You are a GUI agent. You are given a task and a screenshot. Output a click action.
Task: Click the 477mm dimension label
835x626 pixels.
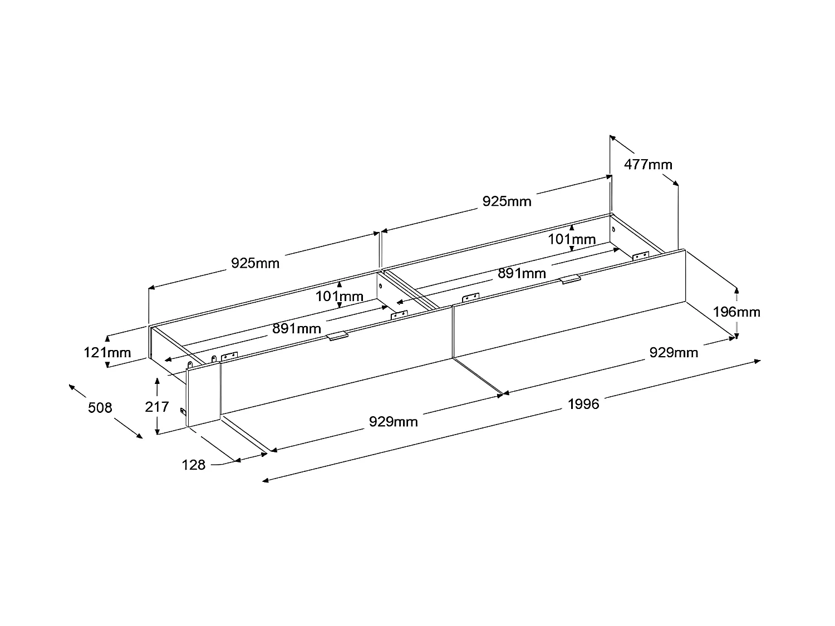click(x=648, y=165)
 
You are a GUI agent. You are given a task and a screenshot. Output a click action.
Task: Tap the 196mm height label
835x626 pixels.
click(x=736, y=312)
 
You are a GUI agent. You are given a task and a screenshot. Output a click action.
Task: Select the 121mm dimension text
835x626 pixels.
click(x=107, y=352)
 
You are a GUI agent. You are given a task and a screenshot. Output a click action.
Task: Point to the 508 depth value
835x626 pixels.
click(x=100, y=408)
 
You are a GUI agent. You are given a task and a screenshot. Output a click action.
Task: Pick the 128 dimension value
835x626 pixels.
click(x=194, y=465)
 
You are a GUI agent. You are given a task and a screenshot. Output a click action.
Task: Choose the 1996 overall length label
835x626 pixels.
click(x=583, y=404)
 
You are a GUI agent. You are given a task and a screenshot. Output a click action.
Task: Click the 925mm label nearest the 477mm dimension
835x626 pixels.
click(x=507, y=201)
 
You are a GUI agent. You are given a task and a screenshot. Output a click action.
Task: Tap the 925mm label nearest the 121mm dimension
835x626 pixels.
click(x=255, y=263)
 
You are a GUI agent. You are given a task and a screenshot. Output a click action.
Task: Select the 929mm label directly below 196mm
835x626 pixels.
click(x=674, y=352)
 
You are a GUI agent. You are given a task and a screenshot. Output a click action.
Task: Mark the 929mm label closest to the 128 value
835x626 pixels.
click(x=394, y=422)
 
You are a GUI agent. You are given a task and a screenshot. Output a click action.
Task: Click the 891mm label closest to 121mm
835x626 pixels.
click(x=296, y=329)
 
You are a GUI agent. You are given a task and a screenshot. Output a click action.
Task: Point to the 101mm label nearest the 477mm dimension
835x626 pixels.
click(x=572, y=240)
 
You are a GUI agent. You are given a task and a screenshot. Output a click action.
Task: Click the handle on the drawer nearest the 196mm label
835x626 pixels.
click(x=571, y=279)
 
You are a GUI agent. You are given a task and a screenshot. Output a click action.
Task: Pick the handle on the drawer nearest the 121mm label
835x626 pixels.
click(x=338, y=337)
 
